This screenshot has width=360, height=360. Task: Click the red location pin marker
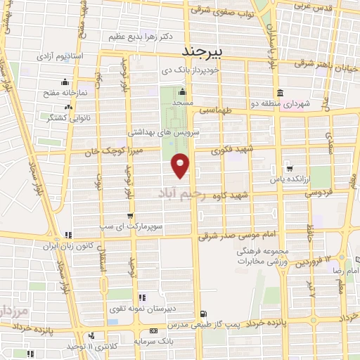(181, 165)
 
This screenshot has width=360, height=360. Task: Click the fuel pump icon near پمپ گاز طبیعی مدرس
(204, 314)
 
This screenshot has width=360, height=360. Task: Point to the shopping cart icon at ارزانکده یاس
(290, 168)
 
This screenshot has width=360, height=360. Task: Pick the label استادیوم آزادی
(75, 55)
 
